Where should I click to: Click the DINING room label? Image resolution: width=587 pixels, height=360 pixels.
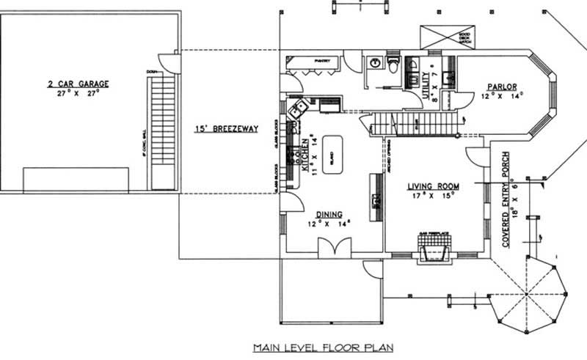(329, 214)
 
